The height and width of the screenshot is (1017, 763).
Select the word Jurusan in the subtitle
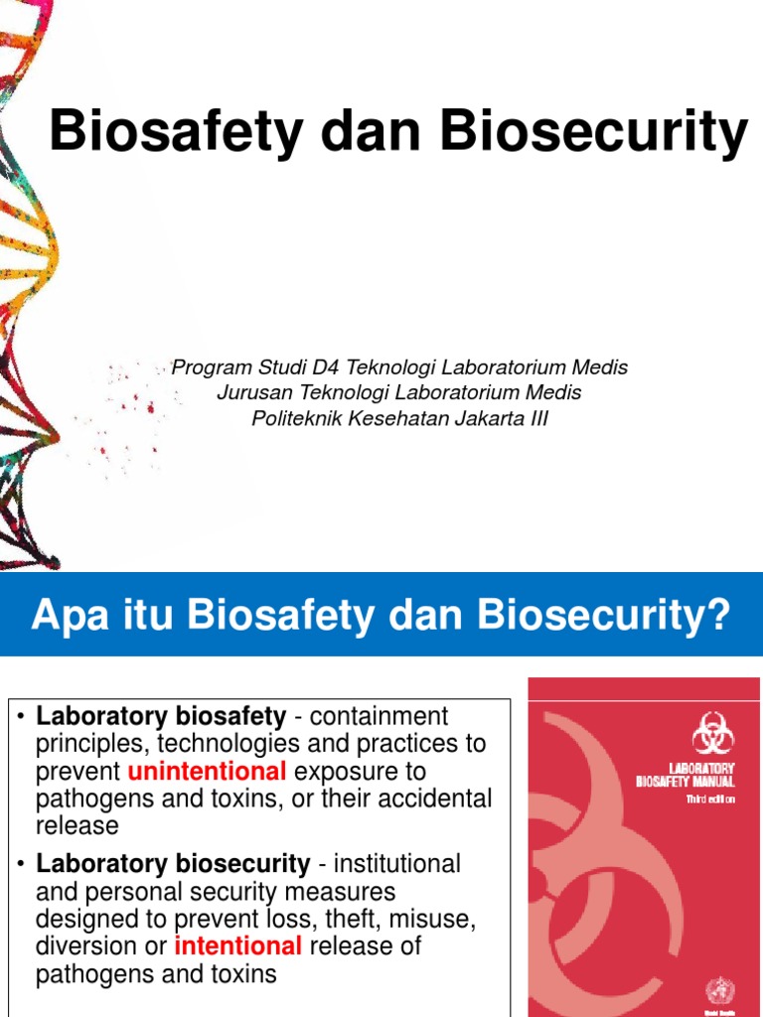(249, 393)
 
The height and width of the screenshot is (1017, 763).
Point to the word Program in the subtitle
(208, 367)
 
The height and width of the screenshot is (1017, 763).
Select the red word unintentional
(207, 772)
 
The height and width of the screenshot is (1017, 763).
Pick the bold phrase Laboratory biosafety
(161, 716)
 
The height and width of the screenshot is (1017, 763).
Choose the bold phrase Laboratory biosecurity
(172, 864)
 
